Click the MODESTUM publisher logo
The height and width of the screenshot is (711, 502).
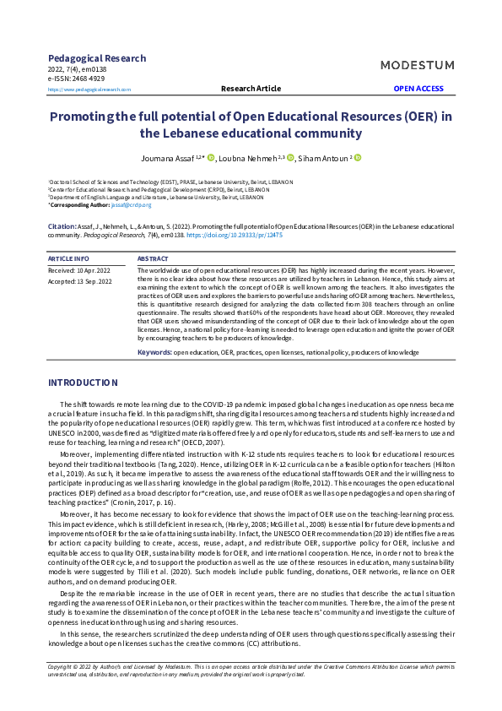[x=417, y=65]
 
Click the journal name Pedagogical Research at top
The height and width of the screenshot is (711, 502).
[x=97, y=58]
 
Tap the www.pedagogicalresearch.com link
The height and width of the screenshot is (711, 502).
[x=89, y=89]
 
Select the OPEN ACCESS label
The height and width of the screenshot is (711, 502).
[x=418, y=89]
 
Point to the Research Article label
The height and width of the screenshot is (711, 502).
[x=251, y=89]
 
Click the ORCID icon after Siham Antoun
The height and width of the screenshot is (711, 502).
[x=357, y=157]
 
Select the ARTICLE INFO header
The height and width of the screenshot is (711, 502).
[x=68, y=258]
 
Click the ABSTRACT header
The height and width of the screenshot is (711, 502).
[x=153, y=258]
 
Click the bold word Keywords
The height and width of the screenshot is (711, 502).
[x=154, y=351]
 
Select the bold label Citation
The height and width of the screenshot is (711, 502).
[x=62, y=227]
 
